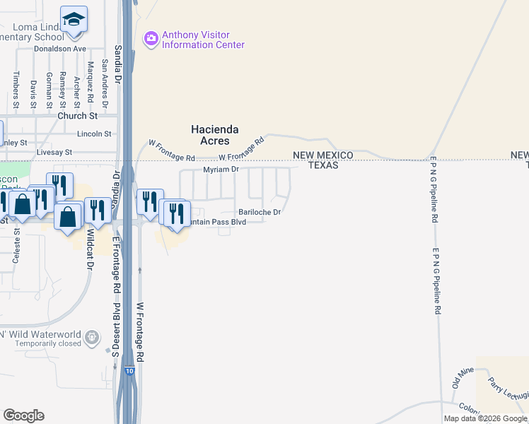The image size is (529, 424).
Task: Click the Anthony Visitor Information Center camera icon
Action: click(x=150, y=38)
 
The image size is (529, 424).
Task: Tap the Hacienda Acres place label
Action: click(x=215, y=135)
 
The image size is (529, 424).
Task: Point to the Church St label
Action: click(x=78, y=116)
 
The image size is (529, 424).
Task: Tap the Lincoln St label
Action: click(x=95, y=134)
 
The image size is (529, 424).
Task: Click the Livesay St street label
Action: click(x=54, y=152)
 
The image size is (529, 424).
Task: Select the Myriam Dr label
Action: click(x=222, y=170)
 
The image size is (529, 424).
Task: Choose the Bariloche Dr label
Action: click(x=260, y=212)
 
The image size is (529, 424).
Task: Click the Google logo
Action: click(x=23, y=416)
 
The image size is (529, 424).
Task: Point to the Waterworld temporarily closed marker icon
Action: click(x=91, y=338)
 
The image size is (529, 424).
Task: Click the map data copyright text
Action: click(x=485, y=418)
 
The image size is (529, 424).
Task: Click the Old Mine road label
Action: click(x=463, y=378)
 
